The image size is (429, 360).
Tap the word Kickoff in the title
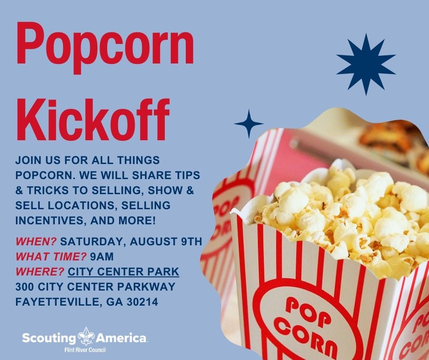click(x=93, y=121)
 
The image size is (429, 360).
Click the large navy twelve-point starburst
click(x=366, y=64)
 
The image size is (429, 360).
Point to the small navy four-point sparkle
click(x=249, y=123)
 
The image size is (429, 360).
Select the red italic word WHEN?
click(x=36, y=242)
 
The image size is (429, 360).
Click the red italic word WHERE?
click(x=40, y=272)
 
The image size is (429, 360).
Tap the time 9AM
click(x=101, y=257)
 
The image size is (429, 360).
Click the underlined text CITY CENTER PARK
click(x=123, y=272)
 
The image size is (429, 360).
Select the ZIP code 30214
click(x=142, y=302)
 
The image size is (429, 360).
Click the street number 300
click(x=25, y=287)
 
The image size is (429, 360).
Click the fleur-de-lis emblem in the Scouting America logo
click(x=86, y=336)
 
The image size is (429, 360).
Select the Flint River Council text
click(x=85, y=350)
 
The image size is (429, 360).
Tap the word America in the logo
click(x=120, y=338)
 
